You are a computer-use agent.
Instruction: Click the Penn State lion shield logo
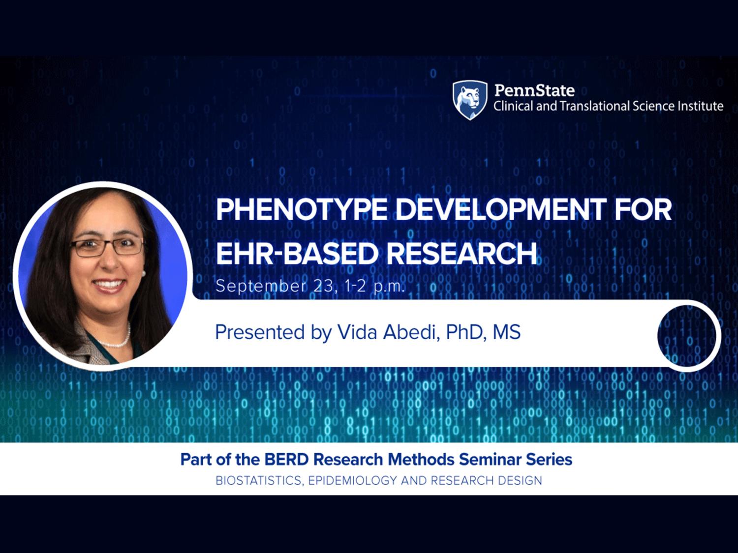pyautogui.click(x=470, y=100)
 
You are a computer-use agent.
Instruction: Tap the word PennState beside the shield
pyautogui.click(x=535, y=90)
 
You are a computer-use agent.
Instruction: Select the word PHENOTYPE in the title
pyautogui.click(x=301, y=210)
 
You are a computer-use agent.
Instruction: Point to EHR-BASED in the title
pyautogui.click(x=296, y=254)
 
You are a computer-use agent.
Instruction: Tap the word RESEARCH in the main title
pyautogui.click(x=461, y=254)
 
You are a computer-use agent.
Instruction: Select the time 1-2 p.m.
pyautogui.click(x=374, y=287)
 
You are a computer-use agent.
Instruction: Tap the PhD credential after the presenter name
pyautogui.click(x=466, y=332)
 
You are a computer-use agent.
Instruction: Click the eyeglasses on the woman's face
pyautogui.click(x=107, y=247)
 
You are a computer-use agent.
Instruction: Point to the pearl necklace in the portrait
pyautogui.click(x=116, y=337)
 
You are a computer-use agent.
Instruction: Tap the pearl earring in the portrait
pyautogui.click(x=144, y=273)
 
